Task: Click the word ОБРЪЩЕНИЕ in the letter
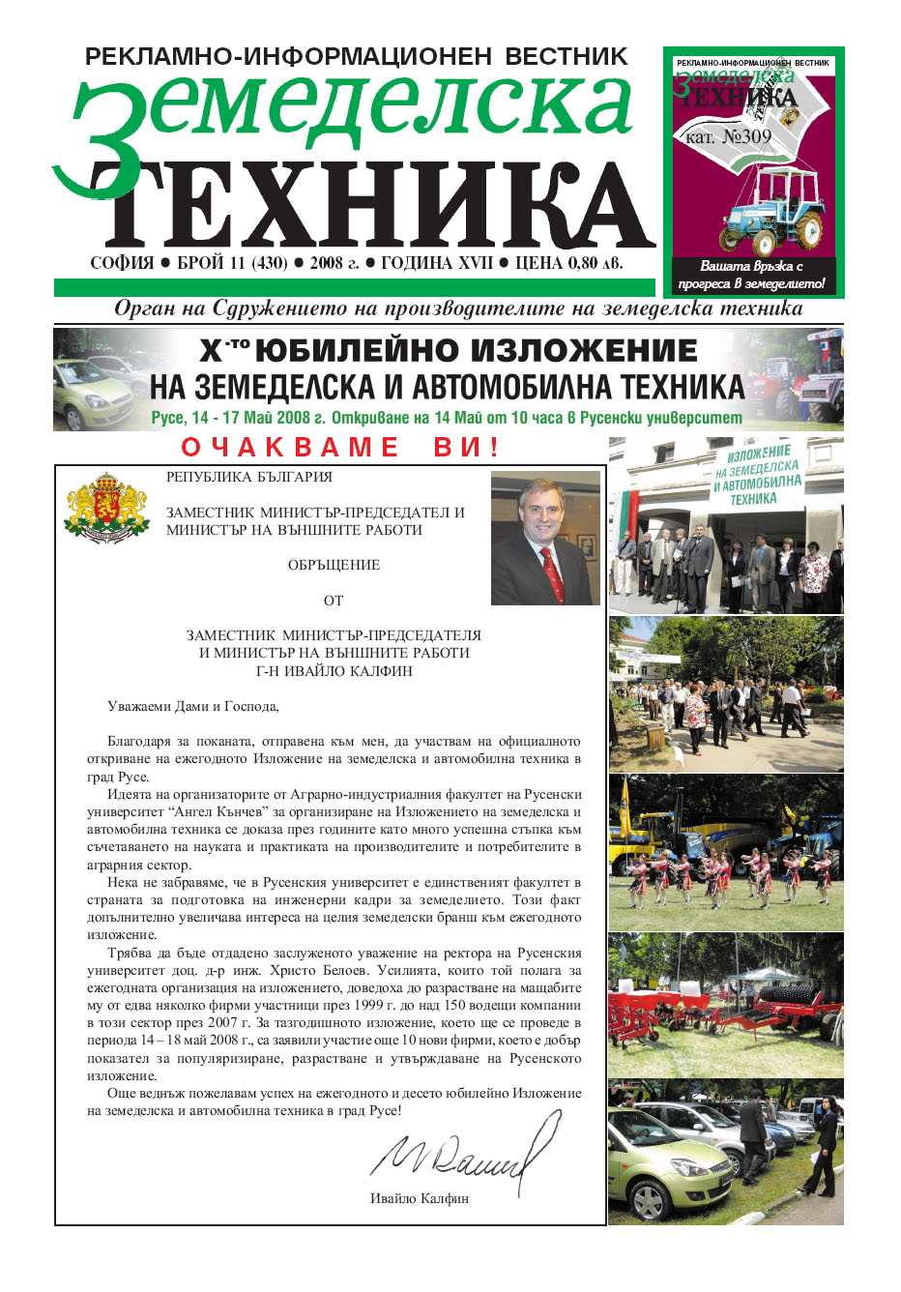click(334, 565)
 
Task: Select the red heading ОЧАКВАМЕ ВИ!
click(340, 447)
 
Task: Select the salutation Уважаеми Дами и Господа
click(192, 706)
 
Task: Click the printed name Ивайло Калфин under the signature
click(419, 1198)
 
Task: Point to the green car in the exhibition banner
click(92, 392)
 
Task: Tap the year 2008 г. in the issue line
click(334, 264)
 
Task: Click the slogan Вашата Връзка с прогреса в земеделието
click(752, 275)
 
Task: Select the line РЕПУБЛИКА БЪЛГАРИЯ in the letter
click(249, 477)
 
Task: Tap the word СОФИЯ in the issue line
click(122, 264)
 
